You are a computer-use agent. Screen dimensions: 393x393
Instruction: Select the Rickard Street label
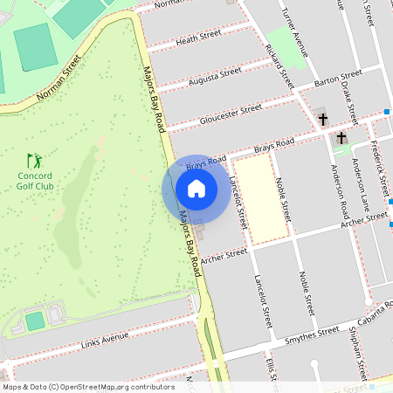click(280, 66)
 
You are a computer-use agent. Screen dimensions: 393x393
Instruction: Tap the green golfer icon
click(34, 161)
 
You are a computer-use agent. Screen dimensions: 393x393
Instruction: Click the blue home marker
click(196, 189)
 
